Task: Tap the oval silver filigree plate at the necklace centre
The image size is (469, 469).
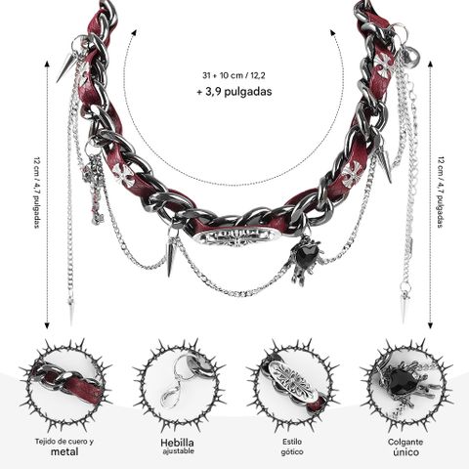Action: point(236,236)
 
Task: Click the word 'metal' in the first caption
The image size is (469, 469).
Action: point(64,451)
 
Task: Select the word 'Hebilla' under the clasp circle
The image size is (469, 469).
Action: point(177,443)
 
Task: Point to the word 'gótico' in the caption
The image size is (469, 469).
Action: point(292,451)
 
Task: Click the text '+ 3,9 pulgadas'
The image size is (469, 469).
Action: point(234,92)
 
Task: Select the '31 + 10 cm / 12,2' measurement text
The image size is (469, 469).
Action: point(234,75)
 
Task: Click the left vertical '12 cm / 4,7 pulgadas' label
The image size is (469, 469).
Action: point(36,192)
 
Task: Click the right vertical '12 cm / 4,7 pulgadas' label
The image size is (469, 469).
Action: point(441,192)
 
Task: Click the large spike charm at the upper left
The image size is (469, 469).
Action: point(66,66)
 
